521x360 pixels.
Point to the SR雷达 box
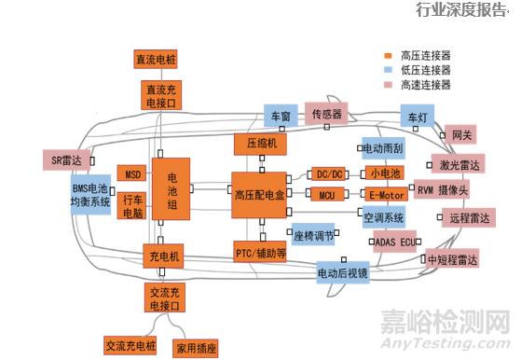(x=68, y=159)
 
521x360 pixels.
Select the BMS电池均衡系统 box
(x=90, y=194)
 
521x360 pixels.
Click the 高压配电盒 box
(x=257, y=194)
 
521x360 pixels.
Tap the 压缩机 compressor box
(x=257, y=145)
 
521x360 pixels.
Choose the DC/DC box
(x=328, y=174)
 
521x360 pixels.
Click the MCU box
(x=327, y=195)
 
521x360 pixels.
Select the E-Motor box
(x=384, y=195)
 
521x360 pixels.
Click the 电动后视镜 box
(x=342, y=273)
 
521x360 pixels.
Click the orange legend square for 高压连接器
(x=389, y=54)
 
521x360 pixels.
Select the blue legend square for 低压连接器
(x=389, y=69)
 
